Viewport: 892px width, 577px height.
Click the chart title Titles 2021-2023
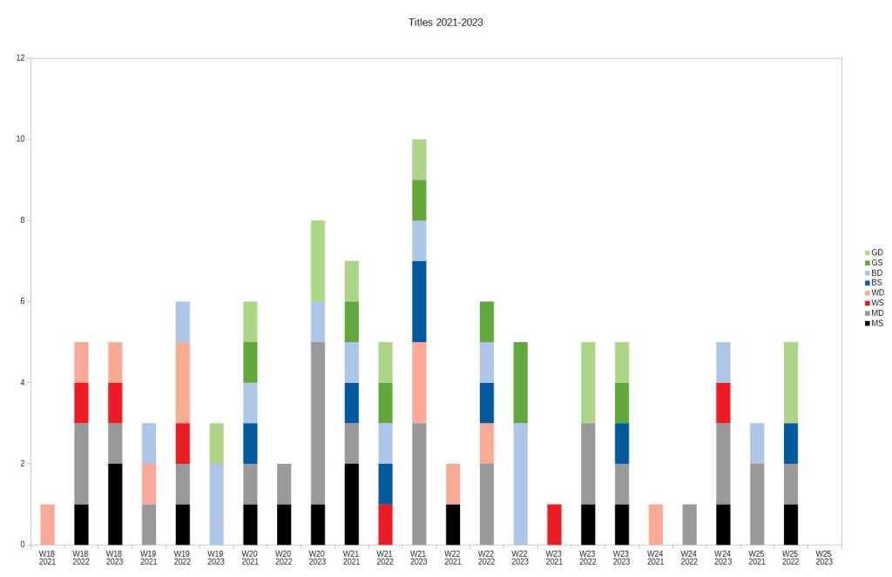[x=445, y=23]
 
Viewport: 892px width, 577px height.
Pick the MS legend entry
[x=877, y=323]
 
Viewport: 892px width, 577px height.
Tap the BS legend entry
[x=877, y=283]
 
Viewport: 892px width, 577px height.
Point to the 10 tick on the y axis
[x=20, y=139]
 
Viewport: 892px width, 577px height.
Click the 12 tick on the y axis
[x=20, y=58]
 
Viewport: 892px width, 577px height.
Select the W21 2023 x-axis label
[x=419, y=557]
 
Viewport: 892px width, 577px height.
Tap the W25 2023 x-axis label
[x=824, y=557]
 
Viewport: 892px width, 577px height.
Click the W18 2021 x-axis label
[x=47, y=557]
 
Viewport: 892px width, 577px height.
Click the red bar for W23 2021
[x=554, y=524]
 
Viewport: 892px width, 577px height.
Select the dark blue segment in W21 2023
[x=419, y=301]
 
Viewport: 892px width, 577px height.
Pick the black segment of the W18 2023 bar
[x=115, y=504]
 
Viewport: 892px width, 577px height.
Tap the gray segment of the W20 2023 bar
[x=318, y=423]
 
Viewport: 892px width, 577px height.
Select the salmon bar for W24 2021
[x=655, y=524]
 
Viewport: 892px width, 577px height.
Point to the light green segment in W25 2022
[x=790, y=382]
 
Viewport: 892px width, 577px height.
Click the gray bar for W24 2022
[x=689, y=524]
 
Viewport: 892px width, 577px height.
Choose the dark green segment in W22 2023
[x=520, y=382]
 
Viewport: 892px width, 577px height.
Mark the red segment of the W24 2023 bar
[x=723, y=403]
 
